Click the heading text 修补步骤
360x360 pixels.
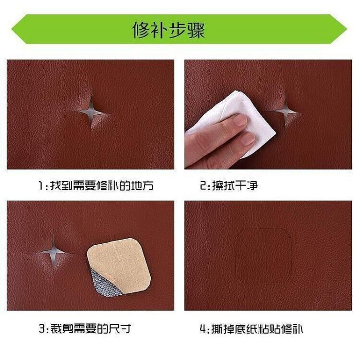169,30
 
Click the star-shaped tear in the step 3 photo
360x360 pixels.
53,253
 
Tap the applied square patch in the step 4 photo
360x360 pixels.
263,256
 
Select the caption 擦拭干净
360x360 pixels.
235,186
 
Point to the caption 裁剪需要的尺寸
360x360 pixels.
91,329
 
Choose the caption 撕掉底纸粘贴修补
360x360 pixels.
257,329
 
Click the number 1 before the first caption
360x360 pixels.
41,186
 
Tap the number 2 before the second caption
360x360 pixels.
203,186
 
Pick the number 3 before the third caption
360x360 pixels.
42,329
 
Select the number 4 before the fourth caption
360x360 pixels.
204,329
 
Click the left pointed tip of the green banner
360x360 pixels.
11,29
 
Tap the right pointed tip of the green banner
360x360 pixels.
347,29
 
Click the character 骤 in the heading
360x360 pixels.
196,30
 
